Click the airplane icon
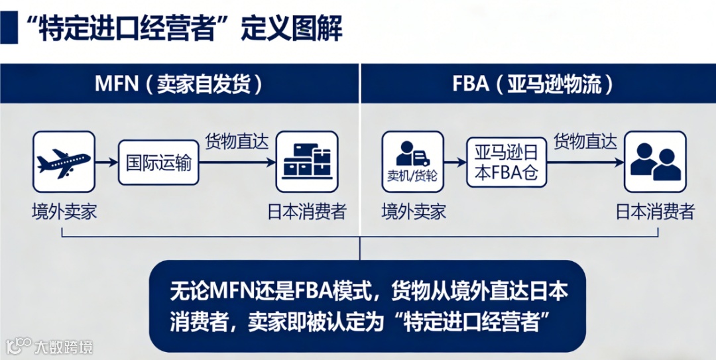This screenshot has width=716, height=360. click(x=64, y=162)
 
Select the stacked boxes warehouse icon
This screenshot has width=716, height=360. click(x=306, y=162)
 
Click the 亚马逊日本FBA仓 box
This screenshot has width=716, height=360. click(x=507, y=162)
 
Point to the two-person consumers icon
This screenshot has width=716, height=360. click(x=655, y=162)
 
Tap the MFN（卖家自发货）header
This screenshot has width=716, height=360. click(x=179, y=84)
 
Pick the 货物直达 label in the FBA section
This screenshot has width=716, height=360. click(x=585, y=141)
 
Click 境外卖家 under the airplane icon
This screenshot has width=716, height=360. click(x=64, y=211)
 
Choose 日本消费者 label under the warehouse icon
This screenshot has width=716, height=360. click(x=306, y=211)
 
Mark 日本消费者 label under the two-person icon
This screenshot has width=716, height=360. click(x=655, y=211)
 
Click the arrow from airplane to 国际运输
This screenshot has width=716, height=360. click(x=107, y=162)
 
